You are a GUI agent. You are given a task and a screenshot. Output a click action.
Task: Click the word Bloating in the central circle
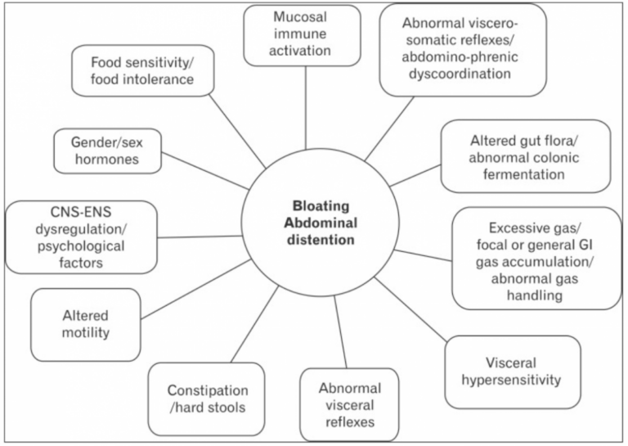click(x=321, y=206)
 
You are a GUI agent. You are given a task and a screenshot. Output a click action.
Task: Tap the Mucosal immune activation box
click(x=302, y=36)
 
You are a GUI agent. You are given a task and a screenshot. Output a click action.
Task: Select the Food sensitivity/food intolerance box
click(x=143, y=70)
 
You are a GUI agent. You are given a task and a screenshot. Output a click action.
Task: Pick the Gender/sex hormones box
click(x=108, y=151)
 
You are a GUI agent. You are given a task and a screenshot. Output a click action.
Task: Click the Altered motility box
click(x=86, y=325)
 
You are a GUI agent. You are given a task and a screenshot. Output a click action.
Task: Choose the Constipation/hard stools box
click(x=206, y=399)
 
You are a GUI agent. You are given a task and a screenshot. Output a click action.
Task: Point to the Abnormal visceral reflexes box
click(x=349, y=405)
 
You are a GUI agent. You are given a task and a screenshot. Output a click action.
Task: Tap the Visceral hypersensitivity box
click(x=513, y=372)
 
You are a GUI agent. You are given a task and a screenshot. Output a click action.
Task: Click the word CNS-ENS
click(x=81, y=212)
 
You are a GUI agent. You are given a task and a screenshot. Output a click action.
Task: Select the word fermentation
click(x=524, y=174)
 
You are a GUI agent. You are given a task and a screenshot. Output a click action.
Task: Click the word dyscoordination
click(x=460, y=74)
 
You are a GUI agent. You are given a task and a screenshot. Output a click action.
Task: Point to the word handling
click(x=535, y=295)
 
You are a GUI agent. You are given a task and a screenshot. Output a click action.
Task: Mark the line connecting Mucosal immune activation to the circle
click(x=306, y=108)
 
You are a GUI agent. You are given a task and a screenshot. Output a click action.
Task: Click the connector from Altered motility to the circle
click(x=196, y=290)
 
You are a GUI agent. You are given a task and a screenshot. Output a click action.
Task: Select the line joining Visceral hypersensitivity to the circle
click(x=410, y=309)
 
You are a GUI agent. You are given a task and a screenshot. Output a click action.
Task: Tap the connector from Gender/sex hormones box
click(x=205, y=171)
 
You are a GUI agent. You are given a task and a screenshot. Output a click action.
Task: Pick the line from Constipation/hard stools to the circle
click(x=255, y=324)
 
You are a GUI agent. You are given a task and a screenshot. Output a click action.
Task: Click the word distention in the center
click(x=321, y=240)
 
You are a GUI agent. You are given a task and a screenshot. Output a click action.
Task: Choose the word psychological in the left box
click(x=81, y=246)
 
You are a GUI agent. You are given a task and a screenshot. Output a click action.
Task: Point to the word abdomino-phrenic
click(x=460, y=57)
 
